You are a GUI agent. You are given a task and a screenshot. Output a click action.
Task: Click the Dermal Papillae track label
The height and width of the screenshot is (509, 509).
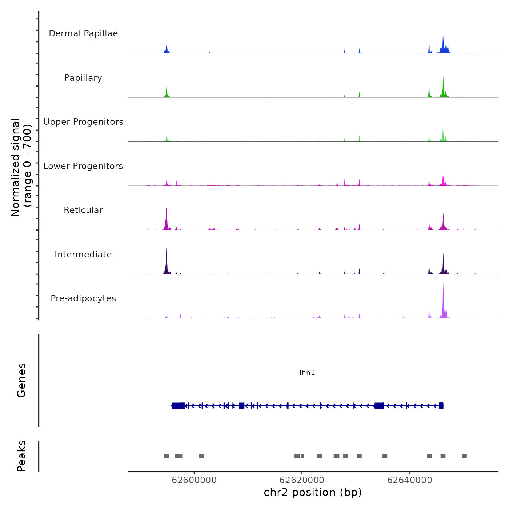pyautogui.click(x=83, y=33)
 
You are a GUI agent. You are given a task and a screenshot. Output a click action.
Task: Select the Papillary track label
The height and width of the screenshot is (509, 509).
pyautogui.click(x=83, y=78)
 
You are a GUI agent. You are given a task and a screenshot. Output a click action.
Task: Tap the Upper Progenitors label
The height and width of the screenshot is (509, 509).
pyautogui.click(x=83, y=122)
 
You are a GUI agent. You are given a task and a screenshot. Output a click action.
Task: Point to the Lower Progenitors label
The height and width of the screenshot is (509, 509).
pyautogui.click(x=83, y=166)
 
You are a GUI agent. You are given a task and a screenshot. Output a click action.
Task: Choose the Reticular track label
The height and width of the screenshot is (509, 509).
pyautogui.click(x=83, y=210)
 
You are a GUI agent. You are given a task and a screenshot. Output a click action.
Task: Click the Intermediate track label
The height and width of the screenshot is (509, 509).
pyautogui.click(x=83, y=254)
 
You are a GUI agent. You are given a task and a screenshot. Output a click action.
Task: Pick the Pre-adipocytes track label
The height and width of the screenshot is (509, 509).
pyautogui.click(x=83, y=298)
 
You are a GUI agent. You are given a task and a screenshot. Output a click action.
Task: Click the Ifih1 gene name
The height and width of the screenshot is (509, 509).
pyautogui.click(x=307, y=373)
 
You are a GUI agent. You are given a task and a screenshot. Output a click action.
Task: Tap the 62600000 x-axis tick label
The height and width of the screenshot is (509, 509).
pyautogui.click(x=194, y=480)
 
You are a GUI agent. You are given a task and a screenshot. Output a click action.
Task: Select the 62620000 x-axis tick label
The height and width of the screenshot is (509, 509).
pyautogui.click(x=302, y=480)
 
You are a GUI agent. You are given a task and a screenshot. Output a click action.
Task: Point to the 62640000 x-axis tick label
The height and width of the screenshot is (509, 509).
pyautogui.click(x=410, y=480)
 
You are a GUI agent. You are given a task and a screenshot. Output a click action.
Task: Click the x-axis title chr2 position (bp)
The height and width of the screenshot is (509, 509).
pyautogui.click(x=313, y=492)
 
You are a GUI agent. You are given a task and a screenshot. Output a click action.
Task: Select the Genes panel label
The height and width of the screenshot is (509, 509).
pyautogui.click(x=21, y=380)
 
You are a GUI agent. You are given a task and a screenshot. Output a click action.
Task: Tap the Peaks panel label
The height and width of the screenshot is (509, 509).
pyautogui.click(x=21, y=456)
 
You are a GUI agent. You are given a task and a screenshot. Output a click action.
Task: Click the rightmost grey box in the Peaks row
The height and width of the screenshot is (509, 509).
pyautogui.click(x=464, y=456)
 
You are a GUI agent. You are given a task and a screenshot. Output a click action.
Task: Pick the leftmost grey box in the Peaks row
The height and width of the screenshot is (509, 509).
pyautogui.click(x=167, y=456)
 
